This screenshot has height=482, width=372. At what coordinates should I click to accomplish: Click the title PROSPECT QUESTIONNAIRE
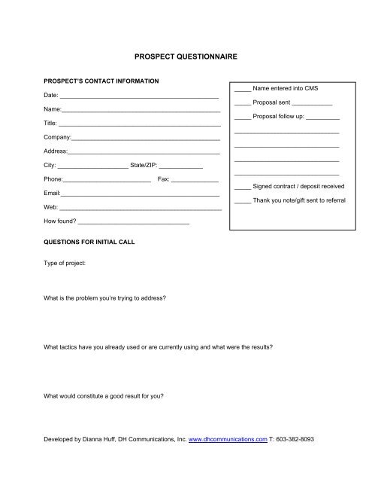(186, 56)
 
